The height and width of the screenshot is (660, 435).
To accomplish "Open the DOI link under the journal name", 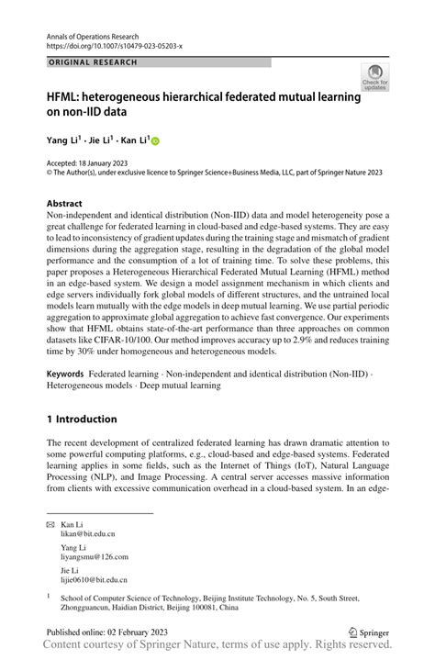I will click(114, 44).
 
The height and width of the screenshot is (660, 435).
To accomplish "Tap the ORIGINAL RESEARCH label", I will click(92, 62).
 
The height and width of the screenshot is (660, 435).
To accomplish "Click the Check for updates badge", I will click(374, 77).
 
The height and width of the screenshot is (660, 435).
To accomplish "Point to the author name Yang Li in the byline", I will click(63, 140).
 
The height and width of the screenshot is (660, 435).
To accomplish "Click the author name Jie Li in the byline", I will click(99, 140).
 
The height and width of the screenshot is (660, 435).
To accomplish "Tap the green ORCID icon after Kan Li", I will click(155, 141).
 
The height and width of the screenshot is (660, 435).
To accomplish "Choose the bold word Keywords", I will click(65, 375).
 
